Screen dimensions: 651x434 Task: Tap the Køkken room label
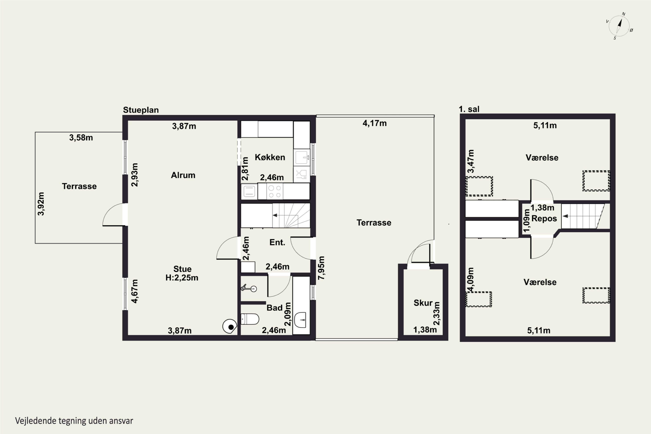[270, 157]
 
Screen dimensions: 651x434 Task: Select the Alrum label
[183, 175]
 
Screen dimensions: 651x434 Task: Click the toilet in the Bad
[250, 319]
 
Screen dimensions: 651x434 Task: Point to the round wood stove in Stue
[230, 326]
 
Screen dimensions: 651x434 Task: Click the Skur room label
[423, 303]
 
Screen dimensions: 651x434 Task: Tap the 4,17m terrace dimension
[375, 123]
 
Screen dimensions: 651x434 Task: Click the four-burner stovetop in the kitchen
[275, 191]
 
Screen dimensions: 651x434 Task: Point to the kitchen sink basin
[301, 157]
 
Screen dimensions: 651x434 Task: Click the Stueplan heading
[141, 110]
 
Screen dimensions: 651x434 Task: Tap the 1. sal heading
[469, 109]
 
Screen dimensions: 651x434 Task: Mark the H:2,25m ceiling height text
[182, 278]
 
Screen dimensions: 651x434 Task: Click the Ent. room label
[277, 242]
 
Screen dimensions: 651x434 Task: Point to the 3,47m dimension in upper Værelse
[470, 161]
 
